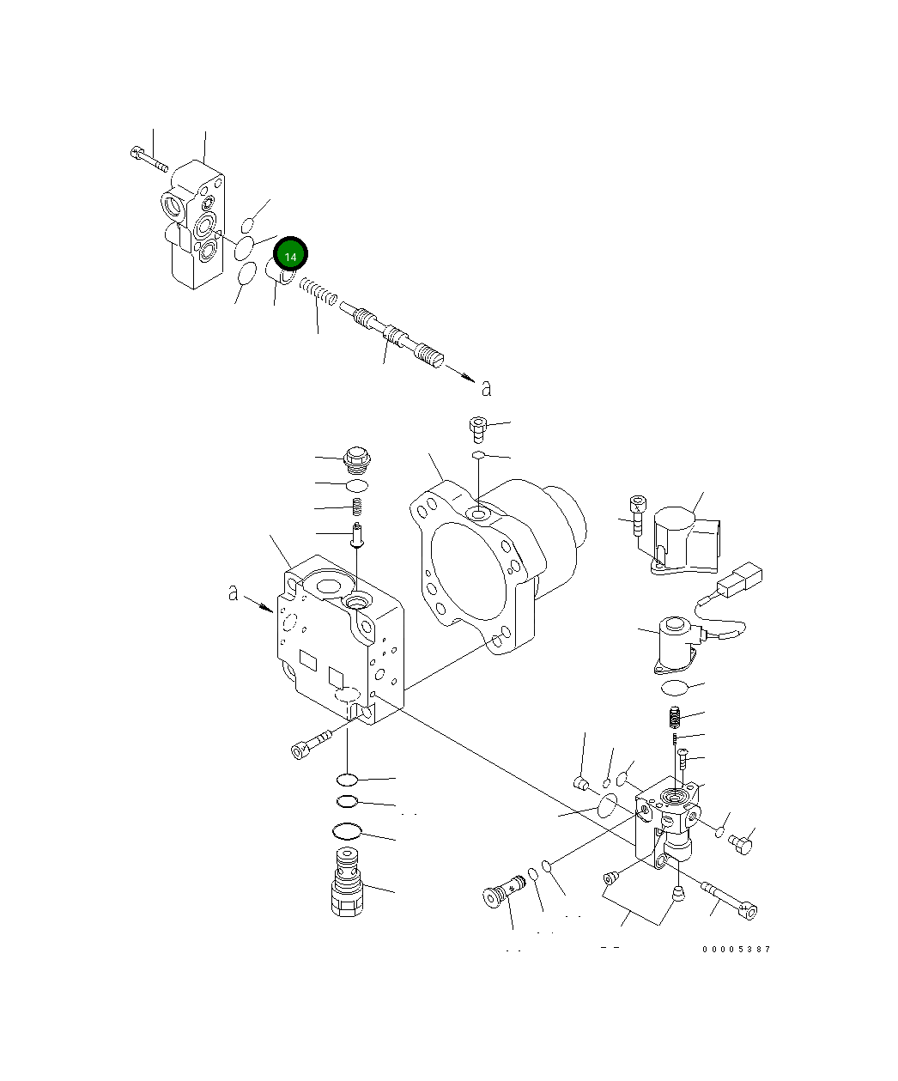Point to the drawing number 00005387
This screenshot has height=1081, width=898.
click(x=736, y=949)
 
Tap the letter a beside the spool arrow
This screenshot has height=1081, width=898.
click(x=486, y=388)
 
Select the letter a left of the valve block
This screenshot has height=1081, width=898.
click(x=233, y=592)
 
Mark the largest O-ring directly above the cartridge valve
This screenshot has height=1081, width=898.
click(x=346, y=831)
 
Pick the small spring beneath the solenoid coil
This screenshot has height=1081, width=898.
click(x=675, y=714)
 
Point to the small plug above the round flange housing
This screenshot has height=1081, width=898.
click(x=478, y=427)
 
